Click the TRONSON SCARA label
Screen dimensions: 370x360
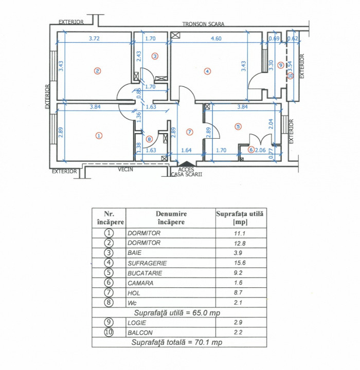[x=203, y=24]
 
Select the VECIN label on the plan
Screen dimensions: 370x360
[x=126, y=168]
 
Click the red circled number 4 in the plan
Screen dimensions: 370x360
[x=207, y=71]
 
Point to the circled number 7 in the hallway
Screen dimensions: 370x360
[x=189, y=132]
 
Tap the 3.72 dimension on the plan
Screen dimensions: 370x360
[x=94, y=38]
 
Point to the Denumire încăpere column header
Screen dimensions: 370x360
[x=170, y=218]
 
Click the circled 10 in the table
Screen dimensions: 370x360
[x=108, y=332]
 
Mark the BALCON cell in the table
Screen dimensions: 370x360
[x=140, y=332]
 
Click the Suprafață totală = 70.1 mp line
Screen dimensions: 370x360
[x=177, y=342]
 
